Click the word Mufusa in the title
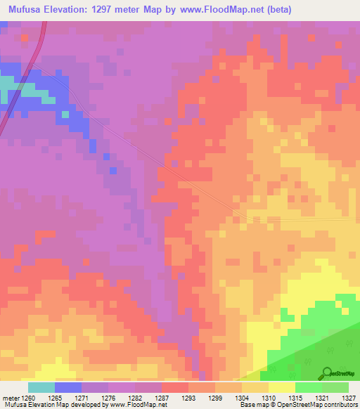click(x=26, y=10)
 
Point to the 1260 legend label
click(x=29, y=397)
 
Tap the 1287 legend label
click(x=174, y=397)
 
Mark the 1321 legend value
click(x=320, y=397)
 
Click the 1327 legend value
click(x=347, y=397)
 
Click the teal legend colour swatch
click(x=41, y=387)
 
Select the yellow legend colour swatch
click(x=282, y=387)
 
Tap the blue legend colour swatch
click(x=68, y=387)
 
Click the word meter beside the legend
click(x=10, y=397)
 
